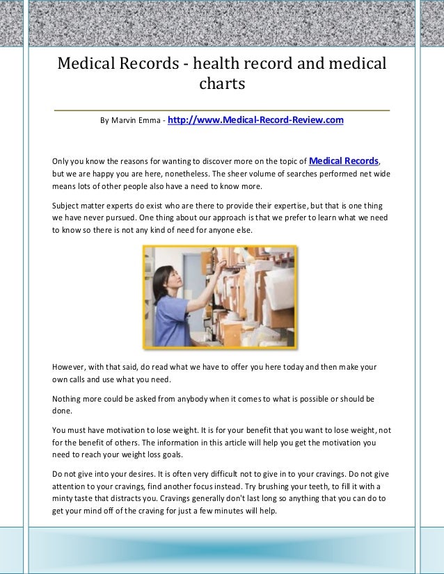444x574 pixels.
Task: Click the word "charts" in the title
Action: [x=222, y=85]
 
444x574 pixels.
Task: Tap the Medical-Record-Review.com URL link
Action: [x=255, y=120]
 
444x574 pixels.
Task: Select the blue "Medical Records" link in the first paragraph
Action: [x=344, y=160]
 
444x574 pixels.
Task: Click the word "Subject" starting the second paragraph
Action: [x=68, y=206]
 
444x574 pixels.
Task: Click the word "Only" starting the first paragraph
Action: [x=63, y=161]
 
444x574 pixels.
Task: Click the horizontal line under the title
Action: [x=222, y=110]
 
